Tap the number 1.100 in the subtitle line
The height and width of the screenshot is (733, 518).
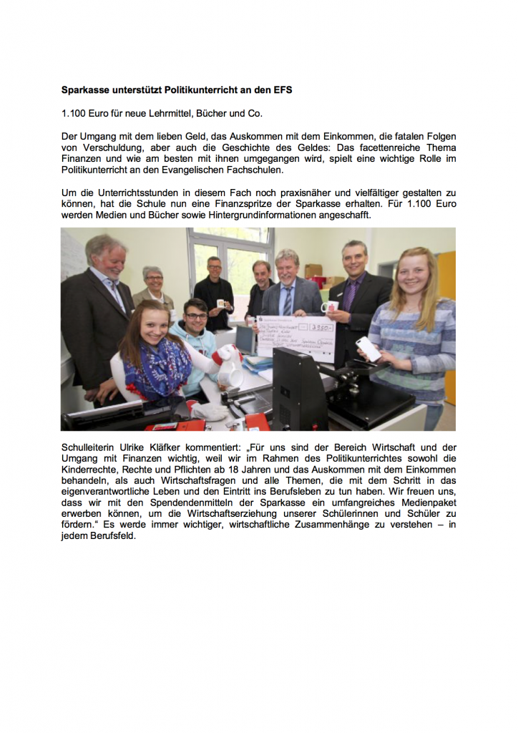pyautogui.click(x=74, y=114)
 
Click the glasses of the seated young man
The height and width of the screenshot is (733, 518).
pyautogui.click(x=195, y=316)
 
